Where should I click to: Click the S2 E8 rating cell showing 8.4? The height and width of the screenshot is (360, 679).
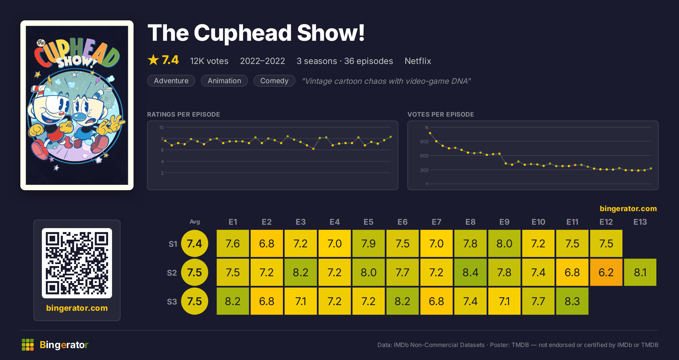pos(470,272)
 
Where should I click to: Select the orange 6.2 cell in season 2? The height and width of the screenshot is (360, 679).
pos(606,272)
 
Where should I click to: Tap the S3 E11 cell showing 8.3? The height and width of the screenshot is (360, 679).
pos(572,301)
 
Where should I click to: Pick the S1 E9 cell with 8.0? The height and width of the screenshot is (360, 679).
pos(504,243)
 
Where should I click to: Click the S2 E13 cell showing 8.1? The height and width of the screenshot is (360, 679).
pos(640,272)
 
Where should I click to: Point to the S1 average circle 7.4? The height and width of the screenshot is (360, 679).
pos(195,243)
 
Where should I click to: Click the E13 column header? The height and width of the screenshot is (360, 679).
pos(640,222)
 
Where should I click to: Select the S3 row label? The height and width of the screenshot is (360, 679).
pos(172,302)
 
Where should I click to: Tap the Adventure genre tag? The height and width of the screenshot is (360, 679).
pos(171,81)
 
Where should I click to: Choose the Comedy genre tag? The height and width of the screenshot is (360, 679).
pos(274,81)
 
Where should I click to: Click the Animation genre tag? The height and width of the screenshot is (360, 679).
pos(224,81)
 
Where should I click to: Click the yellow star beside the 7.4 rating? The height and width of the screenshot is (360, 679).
pos(153,60)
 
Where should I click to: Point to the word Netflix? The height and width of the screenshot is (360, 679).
pos(418,61)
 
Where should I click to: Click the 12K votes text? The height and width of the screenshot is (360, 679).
pos(209,61)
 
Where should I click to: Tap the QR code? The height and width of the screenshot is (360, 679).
pos(77,263)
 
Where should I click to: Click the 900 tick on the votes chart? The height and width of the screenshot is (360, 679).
pos(424,142)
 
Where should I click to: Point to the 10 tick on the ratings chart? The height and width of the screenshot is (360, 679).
pos(161,127)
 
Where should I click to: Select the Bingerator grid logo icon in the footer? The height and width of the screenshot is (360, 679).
pos(28,345)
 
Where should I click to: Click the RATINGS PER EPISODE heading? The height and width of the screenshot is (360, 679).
pos(184,114)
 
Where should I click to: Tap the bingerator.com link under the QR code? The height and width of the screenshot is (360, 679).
pos(77,308)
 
